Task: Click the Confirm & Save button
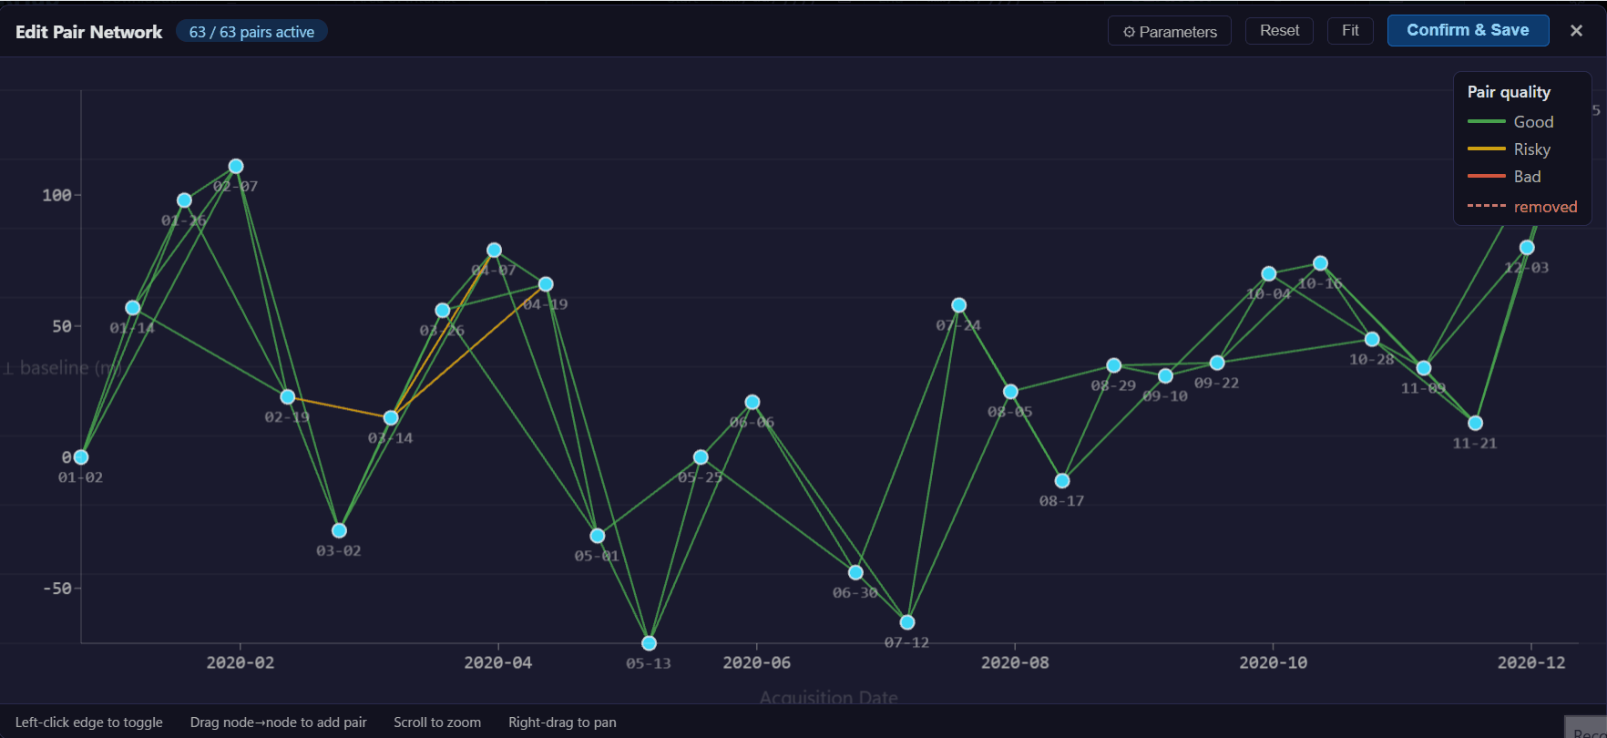click(x=1468, y=30)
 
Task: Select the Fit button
click(x=1350, y=31)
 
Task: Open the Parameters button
click(x=1170, y=31)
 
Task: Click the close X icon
click(x=1576, y=31)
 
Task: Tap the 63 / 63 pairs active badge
click(x=251, y=32)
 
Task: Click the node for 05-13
click(x=649, y=643)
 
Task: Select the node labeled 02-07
click(x=236, y=166)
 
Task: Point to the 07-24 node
click(x=958, y=305)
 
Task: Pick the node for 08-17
click(x=1062, y=481)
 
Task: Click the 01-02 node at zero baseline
click(x=81, y=457)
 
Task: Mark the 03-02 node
click(x=339, y=530)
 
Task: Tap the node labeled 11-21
click(x=1475, y=423)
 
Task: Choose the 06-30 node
click(x=855, y=572)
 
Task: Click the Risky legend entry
click(x=1531, y=149)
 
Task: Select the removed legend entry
click(x=1545, y=207)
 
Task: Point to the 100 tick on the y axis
click(x=56, y=195)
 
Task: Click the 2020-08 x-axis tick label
click(x=1015, y=662)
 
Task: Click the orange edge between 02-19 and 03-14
click(x=339, y=407)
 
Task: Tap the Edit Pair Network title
click(x=89, y=32)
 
